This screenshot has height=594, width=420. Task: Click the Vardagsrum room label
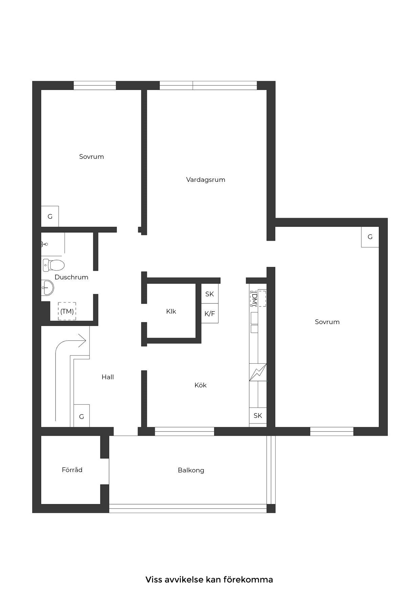coord(206,179)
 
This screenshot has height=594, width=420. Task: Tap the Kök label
coord(201,385)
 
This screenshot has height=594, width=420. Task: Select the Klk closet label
coord(171,311)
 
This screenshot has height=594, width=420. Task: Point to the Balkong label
coord(191,470)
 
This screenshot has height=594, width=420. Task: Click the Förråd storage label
coord(72,470)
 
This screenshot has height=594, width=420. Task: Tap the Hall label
coord(108,377)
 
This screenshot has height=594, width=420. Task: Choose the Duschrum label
coord(71,277)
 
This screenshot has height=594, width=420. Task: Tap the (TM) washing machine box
coord(67,311)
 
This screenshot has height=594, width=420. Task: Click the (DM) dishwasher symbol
coord(258,298)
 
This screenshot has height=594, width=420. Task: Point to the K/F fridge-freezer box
coord(210,313)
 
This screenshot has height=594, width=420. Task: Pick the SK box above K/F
coord(210,294)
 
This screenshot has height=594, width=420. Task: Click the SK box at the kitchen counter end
coord(258,416)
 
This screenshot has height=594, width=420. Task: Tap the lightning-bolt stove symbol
coord(258,372)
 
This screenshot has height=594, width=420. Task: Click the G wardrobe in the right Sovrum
coord(370,237)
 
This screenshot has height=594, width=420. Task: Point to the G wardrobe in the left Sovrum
coord(50,216)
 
